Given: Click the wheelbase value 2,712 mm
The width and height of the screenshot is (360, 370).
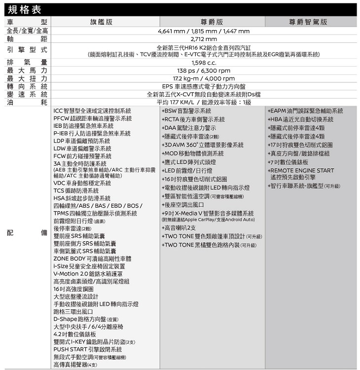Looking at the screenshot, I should pos(204,39).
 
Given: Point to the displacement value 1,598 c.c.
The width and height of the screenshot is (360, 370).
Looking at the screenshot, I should pos(204,63).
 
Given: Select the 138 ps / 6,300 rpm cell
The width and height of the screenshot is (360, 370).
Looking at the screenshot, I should pos(204,71).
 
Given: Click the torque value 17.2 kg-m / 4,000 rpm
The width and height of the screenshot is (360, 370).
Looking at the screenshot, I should pos(204,78).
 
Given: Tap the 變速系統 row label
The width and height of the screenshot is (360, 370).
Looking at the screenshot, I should pos(27,94).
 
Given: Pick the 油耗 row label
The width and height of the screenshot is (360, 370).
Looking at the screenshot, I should pos(27,102).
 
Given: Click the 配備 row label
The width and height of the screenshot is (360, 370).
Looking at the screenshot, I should pos(27,232).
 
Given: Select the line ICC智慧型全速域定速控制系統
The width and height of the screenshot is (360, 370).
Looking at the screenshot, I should pos(92,111).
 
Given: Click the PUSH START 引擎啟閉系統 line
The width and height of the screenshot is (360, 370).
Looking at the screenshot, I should pos(88,349).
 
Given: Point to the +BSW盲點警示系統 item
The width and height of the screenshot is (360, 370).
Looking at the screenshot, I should pos(186,111).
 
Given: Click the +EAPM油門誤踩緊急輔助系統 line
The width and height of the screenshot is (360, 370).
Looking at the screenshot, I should pos(305,111).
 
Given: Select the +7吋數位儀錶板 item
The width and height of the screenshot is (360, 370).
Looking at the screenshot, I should pos(288,162).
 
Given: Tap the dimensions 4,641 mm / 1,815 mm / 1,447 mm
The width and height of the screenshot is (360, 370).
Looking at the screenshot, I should pos(204,31).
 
